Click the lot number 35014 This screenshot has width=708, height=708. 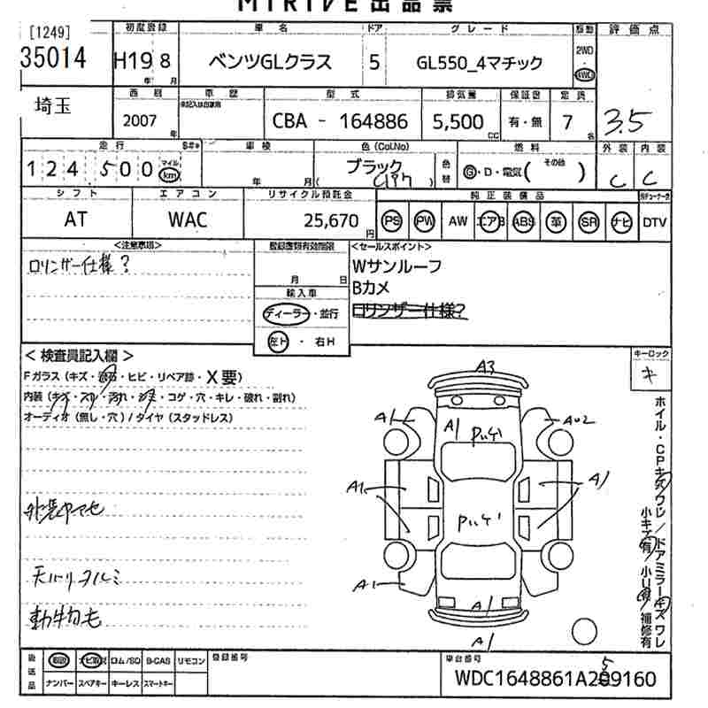(54, 58)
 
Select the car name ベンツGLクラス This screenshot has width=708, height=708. (270, 61)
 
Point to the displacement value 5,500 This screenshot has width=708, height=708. (458, 122)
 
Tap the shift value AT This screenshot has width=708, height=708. (76, 219)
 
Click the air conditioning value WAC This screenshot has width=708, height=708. (188, 219)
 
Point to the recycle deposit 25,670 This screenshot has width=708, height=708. (327, 220)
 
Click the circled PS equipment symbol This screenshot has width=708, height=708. (392, 221)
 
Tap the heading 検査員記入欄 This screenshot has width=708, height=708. (80, 356)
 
